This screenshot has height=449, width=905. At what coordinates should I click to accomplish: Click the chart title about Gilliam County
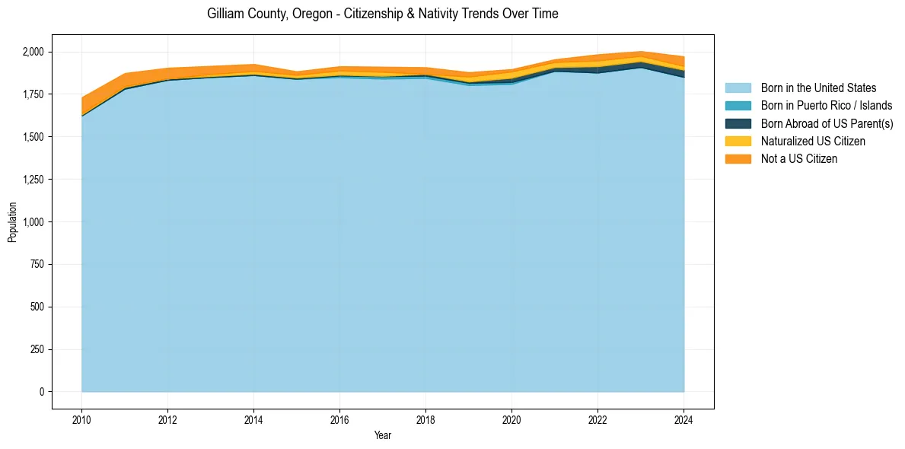tap(382, 14)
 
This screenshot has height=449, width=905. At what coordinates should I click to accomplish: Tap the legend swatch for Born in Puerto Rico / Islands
tap(738, 106)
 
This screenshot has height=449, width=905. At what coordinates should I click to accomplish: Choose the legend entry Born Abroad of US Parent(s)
tap(827, 123)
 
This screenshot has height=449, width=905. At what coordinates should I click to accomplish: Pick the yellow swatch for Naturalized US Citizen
tap(738, 142)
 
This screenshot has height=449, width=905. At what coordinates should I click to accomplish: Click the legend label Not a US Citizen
tap(798, 159)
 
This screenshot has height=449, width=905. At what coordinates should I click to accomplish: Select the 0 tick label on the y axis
tap(43, 392)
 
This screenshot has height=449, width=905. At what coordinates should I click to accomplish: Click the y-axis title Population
tap(12, 222)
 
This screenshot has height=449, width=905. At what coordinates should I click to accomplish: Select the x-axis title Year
tap(383, 435)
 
